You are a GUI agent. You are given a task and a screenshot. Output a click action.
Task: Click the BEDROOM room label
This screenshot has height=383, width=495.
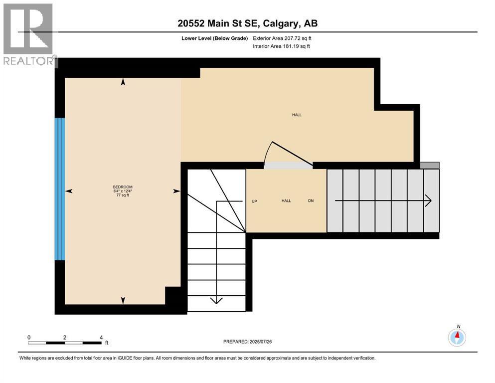123,187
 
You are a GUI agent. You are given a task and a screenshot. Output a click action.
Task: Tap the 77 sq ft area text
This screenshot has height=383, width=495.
123,195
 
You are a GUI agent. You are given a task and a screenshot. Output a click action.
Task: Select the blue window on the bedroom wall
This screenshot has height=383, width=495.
60,189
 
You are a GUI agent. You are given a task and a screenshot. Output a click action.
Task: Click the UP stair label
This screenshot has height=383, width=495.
254,201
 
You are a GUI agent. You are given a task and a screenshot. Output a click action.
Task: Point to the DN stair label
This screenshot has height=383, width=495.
311,201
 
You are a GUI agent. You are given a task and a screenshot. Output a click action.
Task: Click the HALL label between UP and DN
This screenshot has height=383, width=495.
286,201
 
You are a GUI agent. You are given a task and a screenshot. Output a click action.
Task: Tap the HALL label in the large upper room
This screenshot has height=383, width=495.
297,115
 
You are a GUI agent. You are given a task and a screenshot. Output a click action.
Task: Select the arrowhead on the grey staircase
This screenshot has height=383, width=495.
428,200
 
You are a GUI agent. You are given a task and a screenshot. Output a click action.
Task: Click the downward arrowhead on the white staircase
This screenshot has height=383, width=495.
216,300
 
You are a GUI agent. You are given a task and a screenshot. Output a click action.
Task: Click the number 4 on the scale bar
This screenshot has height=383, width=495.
101,337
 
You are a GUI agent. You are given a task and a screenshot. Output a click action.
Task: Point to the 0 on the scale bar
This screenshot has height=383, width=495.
29,337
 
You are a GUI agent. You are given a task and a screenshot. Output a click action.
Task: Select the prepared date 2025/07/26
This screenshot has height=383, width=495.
260,342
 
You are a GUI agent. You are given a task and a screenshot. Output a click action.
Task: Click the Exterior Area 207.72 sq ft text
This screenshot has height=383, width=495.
282,38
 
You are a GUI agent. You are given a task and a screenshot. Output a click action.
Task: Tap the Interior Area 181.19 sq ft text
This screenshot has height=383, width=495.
281,46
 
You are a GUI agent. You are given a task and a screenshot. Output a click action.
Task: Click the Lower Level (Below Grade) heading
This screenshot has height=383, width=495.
215,38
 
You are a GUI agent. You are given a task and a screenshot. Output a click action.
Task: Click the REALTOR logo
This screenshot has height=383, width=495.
29,34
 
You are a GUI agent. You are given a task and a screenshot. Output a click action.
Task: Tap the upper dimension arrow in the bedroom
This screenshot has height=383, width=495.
123,82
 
